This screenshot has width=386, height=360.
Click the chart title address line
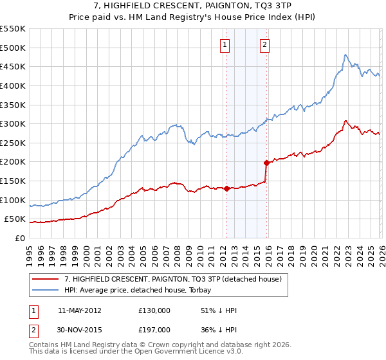pyautogui.click(x=193, y=6)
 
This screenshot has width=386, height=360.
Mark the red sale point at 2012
pyautogui.click(x=226, y=188)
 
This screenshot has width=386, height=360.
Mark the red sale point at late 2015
pyautogui.click(x=266, y=163)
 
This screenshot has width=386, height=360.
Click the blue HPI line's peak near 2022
pyautogui.click(x=345, y=55)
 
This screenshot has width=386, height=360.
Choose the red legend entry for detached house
pyautogui.click(x=172, y=279)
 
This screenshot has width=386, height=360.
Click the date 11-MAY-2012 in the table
pyautogui.click(x=79, y=310)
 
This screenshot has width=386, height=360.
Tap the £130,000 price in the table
pyautogui.click(x=154, y=310)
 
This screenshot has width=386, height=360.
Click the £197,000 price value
pyautogui.click(x=154, y=329)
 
